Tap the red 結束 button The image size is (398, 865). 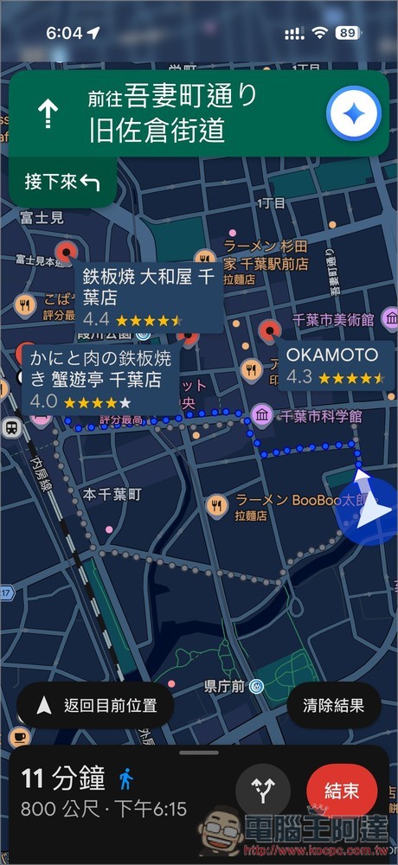coord(342,791)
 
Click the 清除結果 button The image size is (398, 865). coord(334,706)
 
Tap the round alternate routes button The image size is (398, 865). coord(263,791)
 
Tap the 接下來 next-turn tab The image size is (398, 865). coord(61,182)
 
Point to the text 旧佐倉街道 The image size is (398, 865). coord(157,130)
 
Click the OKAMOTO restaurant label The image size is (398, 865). coord(334,365)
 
